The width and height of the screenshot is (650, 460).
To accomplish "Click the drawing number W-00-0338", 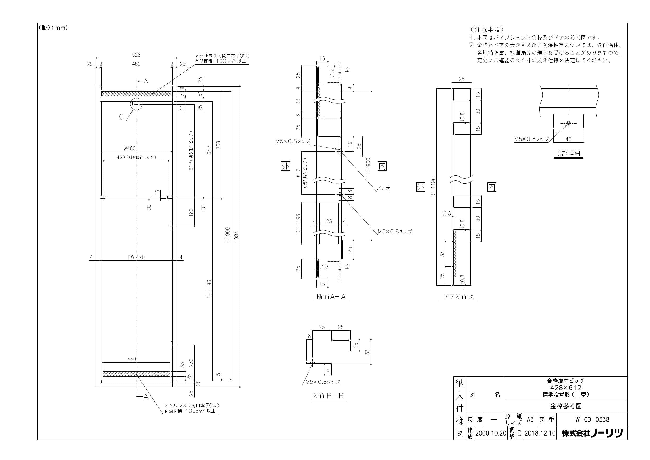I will pos(592,419).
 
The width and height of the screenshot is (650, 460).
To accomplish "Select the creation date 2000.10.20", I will pos(491,433).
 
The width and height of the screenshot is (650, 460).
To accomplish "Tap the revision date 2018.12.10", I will pos(540,433).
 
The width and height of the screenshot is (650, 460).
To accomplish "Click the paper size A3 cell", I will pos(530,419).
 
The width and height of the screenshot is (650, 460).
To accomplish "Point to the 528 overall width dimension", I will pos(136,55).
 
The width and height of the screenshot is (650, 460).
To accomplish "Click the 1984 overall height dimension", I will pos(237,237).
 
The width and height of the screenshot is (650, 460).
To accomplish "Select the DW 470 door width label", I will pos(136,257).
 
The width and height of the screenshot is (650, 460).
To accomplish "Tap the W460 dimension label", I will pos(130,148).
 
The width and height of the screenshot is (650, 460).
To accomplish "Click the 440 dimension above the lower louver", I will pos(132,359).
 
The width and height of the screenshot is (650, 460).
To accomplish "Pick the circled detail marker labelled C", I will pos(136,104).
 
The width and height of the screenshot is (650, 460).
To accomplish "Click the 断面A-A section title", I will pos(331,297).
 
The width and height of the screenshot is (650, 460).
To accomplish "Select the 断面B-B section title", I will pos(328,396).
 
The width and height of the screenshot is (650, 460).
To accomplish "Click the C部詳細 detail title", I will pos(568,153).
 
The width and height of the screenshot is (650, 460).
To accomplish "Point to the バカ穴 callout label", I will pos(383,189).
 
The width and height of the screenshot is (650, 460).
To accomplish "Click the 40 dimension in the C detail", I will pos(569,139).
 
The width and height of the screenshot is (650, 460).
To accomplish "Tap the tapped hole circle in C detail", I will pos(568,123).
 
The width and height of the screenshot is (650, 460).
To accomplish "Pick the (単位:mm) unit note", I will pos(53,28).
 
